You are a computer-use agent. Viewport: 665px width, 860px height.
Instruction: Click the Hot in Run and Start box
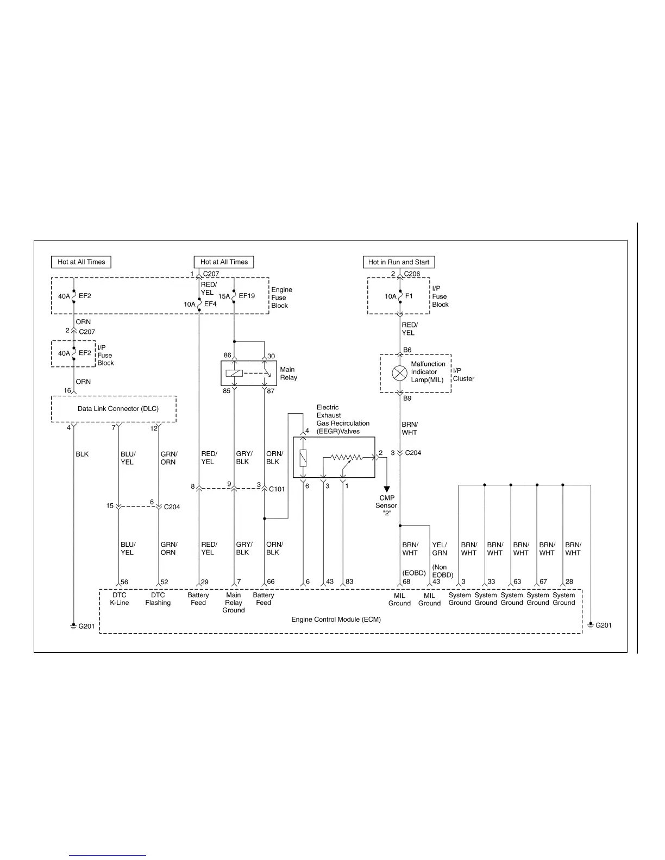[x=398, y=262]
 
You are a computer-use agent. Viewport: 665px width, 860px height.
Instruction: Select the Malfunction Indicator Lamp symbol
[x=400, y=373]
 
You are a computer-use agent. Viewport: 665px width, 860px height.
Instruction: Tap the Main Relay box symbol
[x=249, y=373]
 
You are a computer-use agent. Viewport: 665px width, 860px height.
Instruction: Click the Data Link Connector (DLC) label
[x=118, y=409]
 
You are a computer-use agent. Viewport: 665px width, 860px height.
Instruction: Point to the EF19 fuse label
[x=247, y=296]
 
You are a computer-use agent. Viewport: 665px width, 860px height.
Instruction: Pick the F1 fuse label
[x=409, y=296]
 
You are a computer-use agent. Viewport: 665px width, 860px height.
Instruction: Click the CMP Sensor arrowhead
[x=387, y=489]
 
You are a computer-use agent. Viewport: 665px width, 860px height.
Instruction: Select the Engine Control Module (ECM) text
[x=336, y=619]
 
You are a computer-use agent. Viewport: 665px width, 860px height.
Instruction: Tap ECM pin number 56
[x=124, y=582]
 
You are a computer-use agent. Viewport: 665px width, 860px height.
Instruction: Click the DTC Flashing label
[x=158, y=599]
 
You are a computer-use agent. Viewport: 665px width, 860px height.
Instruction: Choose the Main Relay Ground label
[x=234, y=603]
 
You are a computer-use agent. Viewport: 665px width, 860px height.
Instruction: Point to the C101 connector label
[x=277, y=489]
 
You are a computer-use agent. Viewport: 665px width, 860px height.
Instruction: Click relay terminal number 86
[x=227, y=356]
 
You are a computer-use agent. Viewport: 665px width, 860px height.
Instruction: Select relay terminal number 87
[x=271, y=391]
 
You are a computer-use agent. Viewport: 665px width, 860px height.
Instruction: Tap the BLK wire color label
[x=82, y=454]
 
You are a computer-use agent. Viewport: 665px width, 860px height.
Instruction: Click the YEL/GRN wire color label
[x=440, y=549]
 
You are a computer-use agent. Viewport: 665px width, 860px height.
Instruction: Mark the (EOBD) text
[x=414, y=573]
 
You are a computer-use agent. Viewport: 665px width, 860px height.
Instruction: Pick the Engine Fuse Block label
[x=281, y=298]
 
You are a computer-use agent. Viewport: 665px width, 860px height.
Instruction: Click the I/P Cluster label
[x=463, y=375]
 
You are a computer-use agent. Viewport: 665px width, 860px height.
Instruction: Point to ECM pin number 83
[x=349, y=582]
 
